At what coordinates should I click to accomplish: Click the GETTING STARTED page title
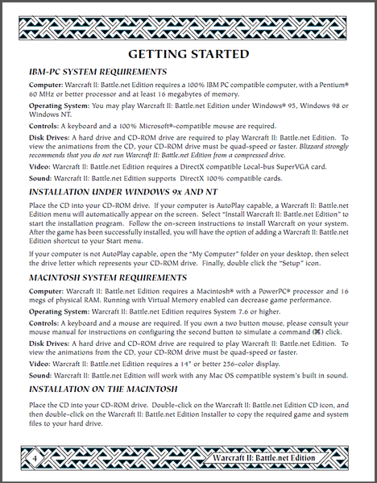[x=188, y=54]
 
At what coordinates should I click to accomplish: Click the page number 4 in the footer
[x=35, y=458]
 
